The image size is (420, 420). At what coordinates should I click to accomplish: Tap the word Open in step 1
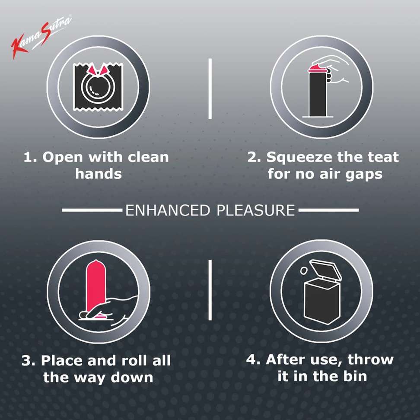coord(62,158)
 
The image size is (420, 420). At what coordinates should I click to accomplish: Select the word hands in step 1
coord(99,174)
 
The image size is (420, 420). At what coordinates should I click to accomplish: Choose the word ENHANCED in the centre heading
coord(168,210)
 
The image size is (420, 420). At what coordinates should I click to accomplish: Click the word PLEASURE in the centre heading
coord(256,210)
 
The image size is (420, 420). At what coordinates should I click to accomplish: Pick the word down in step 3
coord(132,377)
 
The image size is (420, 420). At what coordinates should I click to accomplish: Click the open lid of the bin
coord(326,270)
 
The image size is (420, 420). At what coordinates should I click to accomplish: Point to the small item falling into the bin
coord(303,270)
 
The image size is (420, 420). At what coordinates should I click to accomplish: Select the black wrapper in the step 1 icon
coord(99,87)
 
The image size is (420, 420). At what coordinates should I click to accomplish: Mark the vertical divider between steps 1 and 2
coord(210,89)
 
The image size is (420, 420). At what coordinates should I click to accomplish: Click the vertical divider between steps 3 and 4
coord(210,290)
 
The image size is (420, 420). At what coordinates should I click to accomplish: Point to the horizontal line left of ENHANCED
coord(92,210)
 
